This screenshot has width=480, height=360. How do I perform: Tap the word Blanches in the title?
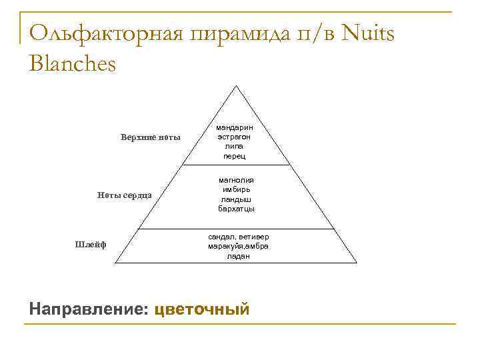(73, 64)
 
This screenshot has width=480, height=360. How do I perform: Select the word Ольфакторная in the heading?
(105, 33)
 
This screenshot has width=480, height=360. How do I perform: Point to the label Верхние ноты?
(151, 137)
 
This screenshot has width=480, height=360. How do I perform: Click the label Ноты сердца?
(125, 195)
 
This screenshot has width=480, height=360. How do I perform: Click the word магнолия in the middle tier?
(237, 180)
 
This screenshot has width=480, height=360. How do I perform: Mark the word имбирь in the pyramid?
(237, 189)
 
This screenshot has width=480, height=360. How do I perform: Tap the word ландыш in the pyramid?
(237, 199)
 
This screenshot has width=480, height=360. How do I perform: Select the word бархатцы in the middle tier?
(237, 209)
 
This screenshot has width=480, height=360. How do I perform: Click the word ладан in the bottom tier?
(238, 256)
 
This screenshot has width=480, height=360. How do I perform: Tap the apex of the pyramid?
(235, 85)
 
